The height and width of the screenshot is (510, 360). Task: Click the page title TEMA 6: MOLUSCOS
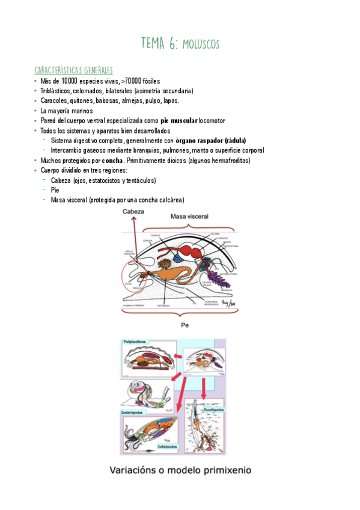tap(180, 43)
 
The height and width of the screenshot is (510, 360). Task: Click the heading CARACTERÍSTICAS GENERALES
tap(73, 70)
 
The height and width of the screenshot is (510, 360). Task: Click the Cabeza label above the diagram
tap(134, 212)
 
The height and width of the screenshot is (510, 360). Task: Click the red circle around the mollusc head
tap(137, 281)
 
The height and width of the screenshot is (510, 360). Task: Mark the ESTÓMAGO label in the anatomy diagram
tap(163, 305)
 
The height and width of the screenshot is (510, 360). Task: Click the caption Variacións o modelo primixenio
tap(180, 470)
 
